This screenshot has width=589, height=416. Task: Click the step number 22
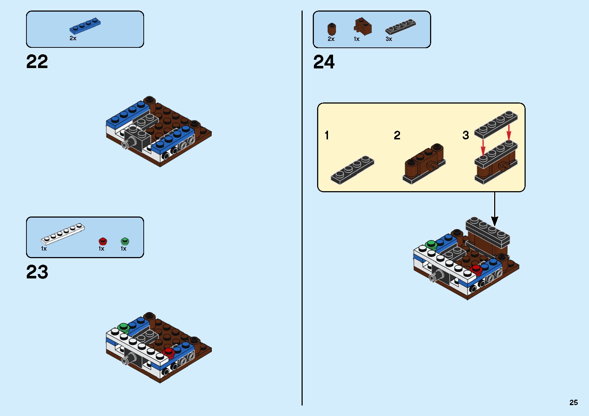tap(37, 62)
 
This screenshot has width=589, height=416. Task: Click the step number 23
tap(37, 272)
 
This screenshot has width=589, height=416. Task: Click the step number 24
tap(324, 62)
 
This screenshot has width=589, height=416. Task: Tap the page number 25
tap(573, 402)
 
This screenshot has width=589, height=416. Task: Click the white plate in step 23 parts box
tap(63, 234)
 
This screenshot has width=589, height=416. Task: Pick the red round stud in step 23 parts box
tap(103, 241)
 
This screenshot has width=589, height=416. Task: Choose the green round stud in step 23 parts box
tap(125, 241)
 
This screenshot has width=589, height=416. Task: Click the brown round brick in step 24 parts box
tap(332, 29)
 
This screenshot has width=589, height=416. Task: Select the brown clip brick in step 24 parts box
tap(363, 26)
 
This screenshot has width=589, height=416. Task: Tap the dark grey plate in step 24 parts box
tap(400, 27)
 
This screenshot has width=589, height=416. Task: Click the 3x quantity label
tap(389, 39)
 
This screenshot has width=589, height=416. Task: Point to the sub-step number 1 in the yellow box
tap(327, 135)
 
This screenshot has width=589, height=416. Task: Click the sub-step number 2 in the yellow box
tap(397, 135)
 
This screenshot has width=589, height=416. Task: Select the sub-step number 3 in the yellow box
tap(466, 135)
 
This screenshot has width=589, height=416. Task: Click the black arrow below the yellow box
tap(495, 210)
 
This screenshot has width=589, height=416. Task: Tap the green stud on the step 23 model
tap(123, 328)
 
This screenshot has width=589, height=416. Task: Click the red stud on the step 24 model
tap(476, 269)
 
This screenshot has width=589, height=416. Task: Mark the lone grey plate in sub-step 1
tap(352, 170)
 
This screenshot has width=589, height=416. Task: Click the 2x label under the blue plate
tap(73, 38)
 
